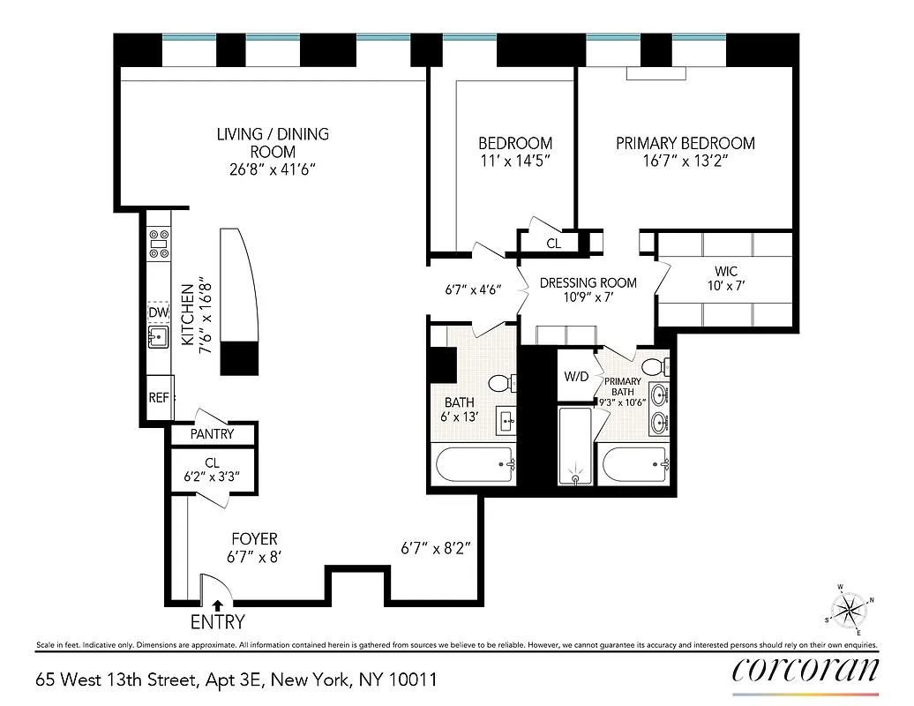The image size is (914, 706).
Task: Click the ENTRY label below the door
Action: tap(218, 622)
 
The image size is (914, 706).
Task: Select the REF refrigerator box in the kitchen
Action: tap(159, 398)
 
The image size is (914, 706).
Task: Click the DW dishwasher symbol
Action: tap(158, 312)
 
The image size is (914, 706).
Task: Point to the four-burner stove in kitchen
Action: tap(159, 244)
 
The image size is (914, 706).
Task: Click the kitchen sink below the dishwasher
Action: tap(159, 336)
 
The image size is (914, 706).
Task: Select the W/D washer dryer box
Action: tap(576, 377)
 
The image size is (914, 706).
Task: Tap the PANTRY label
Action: tap(213, 434)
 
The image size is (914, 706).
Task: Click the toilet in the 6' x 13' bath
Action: tap(500, 384)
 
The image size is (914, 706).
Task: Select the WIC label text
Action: tap(726, 271)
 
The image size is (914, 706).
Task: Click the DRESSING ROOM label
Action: tap(588, 283)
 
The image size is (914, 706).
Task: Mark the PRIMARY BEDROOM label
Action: tap(685, 143)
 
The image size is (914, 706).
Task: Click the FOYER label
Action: tap(254, 538)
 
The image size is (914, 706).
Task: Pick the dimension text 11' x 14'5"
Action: tap(515, 161)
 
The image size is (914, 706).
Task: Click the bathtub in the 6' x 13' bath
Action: tap(473, 464)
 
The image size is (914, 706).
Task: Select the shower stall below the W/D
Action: tap(576, 446)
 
